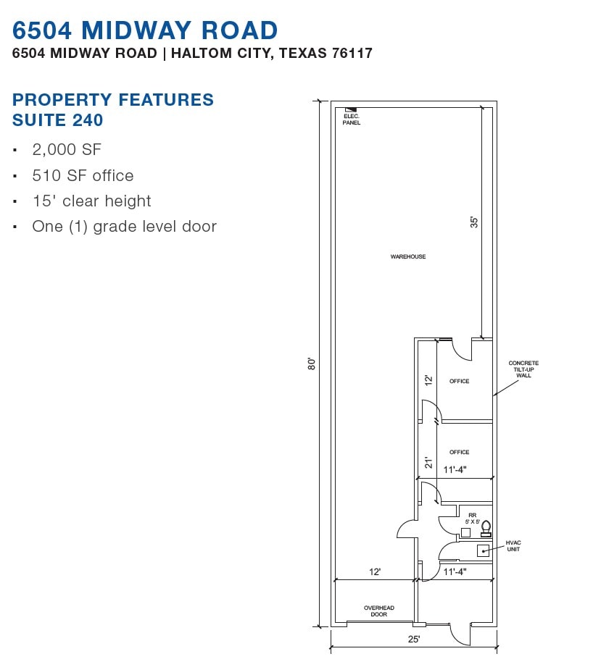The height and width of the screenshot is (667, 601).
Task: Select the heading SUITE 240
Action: tap(58, 119)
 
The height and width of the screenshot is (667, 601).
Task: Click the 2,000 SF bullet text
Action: tap(67, 150)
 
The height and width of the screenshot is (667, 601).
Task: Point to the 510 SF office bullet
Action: tap(83, 175)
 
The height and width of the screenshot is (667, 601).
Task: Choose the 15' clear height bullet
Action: tap(91, 201)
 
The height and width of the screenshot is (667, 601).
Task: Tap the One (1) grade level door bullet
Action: tap(124, 226)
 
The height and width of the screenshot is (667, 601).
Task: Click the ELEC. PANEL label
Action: tap(352, 119)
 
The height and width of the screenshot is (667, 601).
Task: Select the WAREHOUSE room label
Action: tap(408, 256)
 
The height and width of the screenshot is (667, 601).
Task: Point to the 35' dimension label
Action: tap(474, 222)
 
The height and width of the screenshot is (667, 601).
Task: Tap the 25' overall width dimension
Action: tap(414, 639)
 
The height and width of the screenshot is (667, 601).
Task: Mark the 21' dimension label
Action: tap(428, 462)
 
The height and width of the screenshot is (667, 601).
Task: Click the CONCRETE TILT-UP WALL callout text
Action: tap(523, 369)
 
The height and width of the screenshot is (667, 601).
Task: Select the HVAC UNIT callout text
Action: tap(513, 546)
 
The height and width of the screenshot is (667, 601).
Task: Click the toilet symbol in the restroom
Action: tap(486, 528)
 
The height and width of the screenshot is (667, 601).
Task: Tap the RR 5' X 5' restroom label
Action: tap(473, 518)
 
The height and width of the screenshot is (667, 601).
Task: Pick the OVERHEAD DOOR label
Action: tap(378, 611)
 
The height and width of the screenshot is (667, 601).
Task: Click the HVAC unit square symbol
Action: tap(483, 550)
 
